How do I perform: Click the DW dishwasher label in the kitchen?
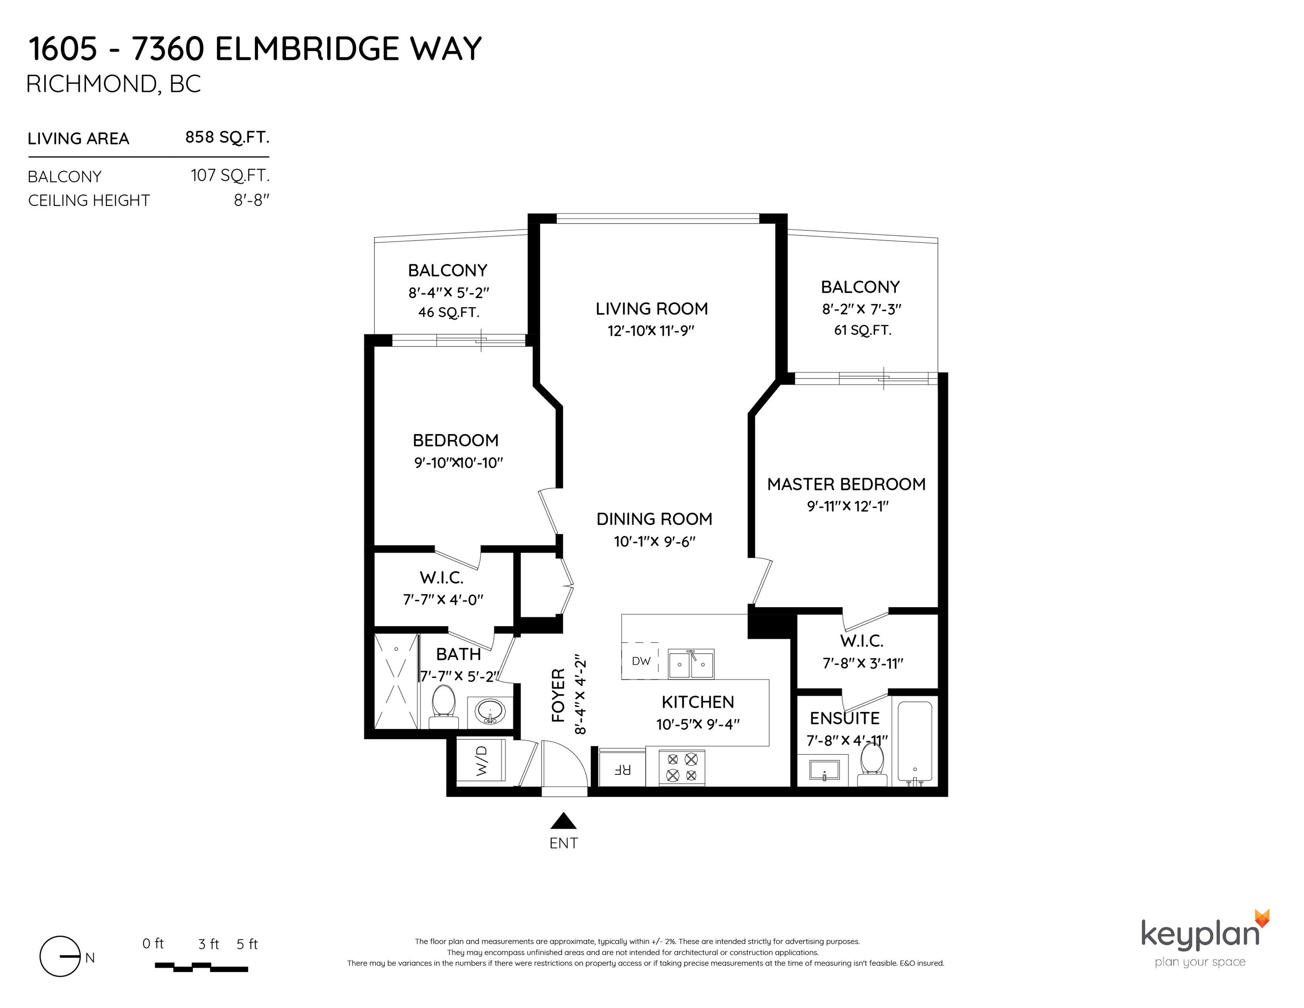641,661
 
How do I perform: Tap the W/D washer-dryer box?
481,760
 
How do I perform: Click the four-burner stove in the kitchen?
682,767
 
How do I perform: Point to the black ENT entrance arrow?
563,821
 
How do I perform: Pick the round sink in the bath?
490,712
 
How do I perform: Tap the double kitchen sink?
691,663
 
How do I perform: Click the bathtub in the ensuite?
914,743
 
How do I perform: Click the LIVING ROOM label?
651,309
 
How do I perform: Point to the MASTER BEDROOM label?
846,484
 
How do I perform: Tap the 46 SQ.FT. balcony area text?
448,312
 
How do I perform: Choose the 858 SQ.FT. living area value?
227,137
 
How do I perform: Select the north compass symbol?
60,956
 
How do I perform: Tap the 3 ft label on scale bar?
208,944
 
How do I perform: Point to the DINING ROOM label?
654,519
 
